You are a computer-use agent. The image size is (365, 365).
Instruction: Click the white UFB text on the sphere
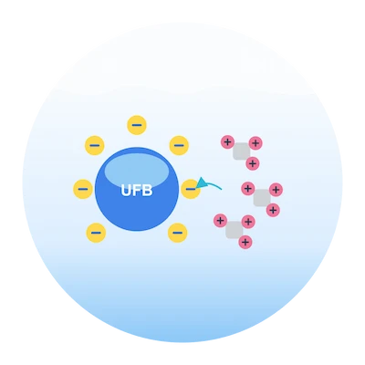(x=137, y=191)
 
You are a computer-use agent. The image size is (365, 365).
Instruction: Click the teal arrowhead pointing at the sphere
(x=201, y=183)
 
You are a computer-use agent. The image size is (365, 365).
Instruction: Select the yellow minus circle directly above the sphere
(x=137, y=125)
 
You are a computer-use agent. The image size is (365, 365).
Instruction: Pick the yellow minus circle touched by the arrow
(x=191, y=189)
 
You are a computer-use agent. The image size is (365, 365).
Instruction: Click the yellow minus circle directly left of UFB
(x=83, y=189)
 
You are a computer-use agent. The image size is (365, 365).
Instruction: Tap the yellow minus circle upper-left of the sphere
(x=95, y=145)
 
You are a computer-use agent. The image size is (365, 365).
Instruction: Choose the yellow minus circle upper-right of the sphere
(x=179, y=145)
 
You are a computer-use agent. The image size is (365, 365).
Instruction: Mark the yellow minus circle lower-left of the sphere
(x=96, y=233)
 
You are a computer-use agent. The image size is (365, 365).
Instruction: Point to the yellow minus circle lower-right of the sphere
(x=178, y=233)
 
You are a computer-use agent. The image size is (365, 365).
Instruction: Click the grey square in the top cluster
(x=242, y=151)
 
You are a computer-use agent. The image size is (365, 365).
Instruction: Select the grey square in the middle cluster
(x=262, y=198)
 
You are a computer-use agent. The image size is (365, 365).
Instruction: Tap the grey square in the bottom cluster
(x=235, y=230)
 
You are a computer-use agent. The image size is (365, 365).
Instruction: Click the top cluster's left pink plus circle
(x=227, y=141)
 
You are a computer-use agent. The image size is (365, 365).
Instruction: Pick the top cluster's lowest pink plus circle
(x=253, y=163)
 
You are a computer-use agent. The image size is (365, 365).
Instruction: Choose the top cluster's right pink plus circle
(x=255, y=143)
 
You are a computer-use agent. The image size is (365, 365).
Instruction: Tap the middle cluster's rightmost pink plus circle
(x=276, y=190)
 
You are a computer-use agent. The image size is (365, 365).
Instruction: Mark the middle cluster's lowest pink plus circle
(x=273, y=210)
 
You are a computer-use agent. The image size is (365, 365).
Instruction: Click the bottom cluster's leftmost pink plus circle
(x=221, y=220)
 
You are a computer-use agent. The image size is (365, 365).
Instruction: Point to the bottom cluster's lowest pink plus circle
(x=245, y=242)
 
